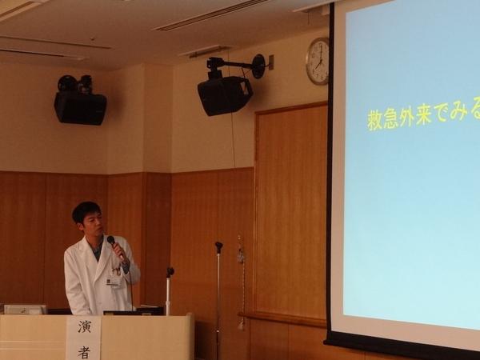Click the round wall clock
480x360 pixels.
click(318, 61)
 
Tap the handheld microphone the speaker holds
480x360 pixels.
click(115, 246)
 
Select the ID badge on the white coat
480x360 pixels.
click(113, 282)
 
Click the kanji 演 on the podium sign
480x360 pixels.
click(85, 326)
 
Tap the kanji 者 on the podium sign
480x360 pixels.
click(84, 352)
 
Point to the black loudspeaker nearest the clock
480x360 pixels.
click(225, 95)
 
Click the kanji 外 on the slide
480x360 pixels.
click(407, 117)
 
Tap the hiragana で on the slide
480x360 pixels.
click(441, 114)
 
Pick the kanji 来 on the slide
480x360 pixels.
click(424, 115)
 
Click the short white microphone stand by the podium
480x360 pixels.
click(168, 291)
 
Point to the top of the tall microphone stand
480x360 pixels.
click(218, 244)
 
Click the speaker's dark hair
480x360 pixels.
click(86, 210)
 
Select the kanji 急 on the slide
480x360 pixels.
click(391, 118)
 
